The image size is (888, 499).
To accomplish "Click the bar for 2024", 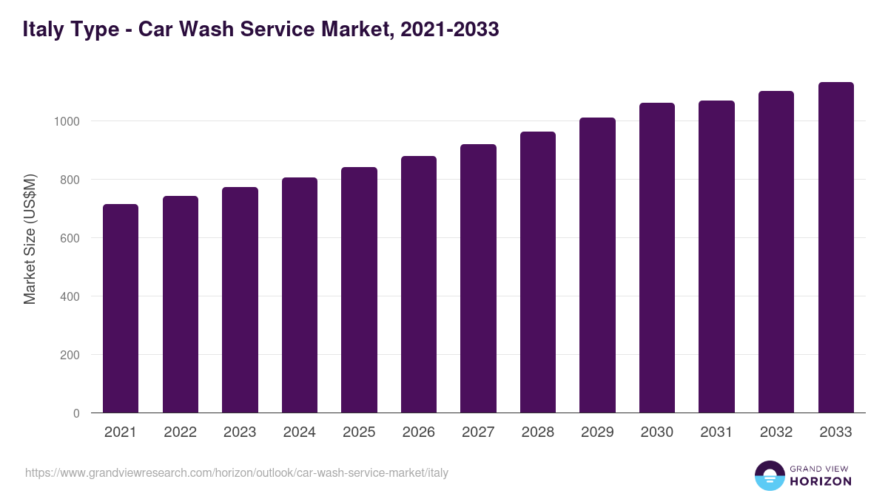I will coord(300,295).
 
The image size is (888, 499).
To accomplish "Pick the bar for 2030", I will coord(657,258).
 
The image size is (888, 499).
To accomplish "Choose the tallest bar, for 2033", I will coord(835,248).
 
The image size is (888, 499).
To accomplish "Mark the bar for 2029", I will coord(597,265).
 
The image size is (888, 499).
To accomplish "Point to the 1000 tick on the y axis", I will coord(67,121).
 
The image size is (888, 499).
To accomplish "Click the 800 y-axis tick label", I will coord(70,180).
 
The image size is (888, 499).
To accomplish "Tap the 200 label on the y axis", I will coord(70,355).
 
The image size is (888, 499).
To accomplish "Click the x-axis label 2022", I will coord(180,432).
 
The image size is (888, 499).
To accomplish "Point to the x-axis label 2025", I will coord(359,432).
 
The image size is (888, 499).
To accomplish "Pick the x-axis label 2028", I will coord(538,432).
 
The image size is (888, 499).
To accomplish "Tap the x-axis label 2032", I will coord(776,432).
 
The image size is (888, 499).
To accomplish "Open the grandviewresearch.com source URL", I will coord(237,472).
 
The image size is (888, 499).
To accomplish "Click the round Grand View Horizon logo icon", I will coord(769,475).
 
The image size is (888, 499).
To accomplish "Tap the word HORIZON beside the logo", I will coord(821,481).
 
